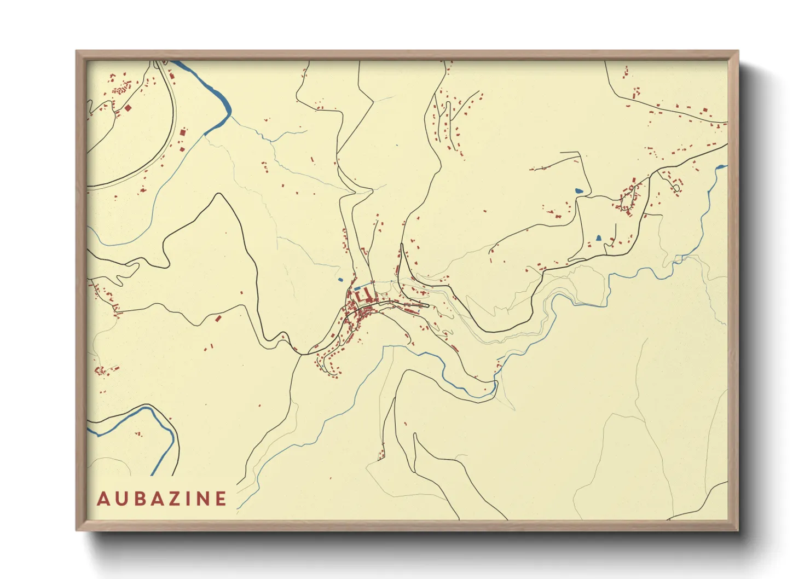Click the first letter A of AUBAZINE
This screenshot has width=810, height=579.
point(102,499)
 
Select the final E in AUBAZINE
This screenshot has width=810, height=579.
point(221,499)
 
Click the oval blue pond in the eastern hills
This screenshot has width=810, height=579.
point(579,191)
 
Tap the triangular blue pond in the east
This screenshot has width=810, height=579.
point(598,238)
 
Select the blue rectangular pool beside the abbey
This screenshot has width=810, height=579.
point(357,288)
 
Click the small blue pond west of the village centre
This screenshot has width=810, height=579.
point(340,280)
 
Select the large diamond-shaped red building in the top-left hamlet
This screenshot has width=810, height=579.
point(128,108)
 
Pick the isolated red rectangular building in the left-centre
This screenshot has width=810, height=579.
point(218,318)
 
